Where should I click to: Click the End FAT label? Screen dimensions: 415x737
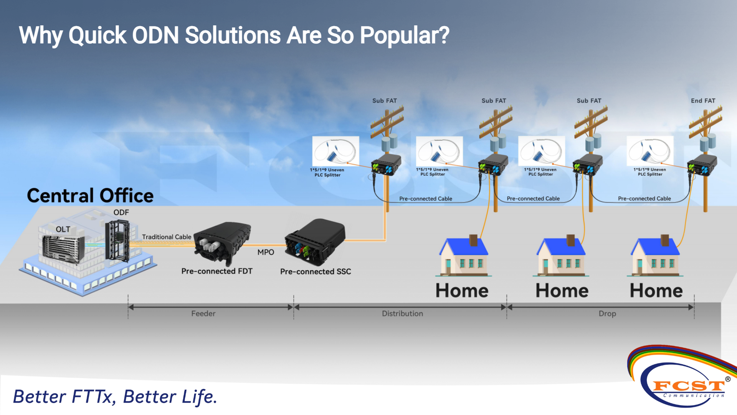(703, 101)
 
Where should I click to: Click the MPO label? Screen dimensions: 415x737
(266, 252)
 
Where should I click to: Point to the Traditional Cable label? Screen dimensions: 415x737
(167, 237)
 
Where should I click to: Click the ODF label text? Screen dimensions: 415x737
(121, 212)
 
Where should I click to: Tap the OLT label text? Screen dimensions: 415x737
(63, 229)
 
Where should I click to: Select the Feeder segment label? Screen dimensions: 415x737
(203, 314)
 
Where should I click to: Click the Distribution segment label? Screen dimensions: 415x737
(402, 314)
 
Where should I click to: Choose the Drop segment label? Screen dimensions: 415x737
(607, 314)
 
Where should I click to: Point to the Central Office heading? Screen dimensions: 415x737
(90, 196)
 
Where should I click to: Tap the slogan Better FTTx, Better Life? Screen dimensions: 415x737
(115, 397)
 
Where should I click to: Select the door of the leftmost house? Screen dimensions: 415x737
(448, 266)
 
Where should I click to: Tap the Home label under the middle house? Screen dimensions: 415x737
(562, 291)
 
